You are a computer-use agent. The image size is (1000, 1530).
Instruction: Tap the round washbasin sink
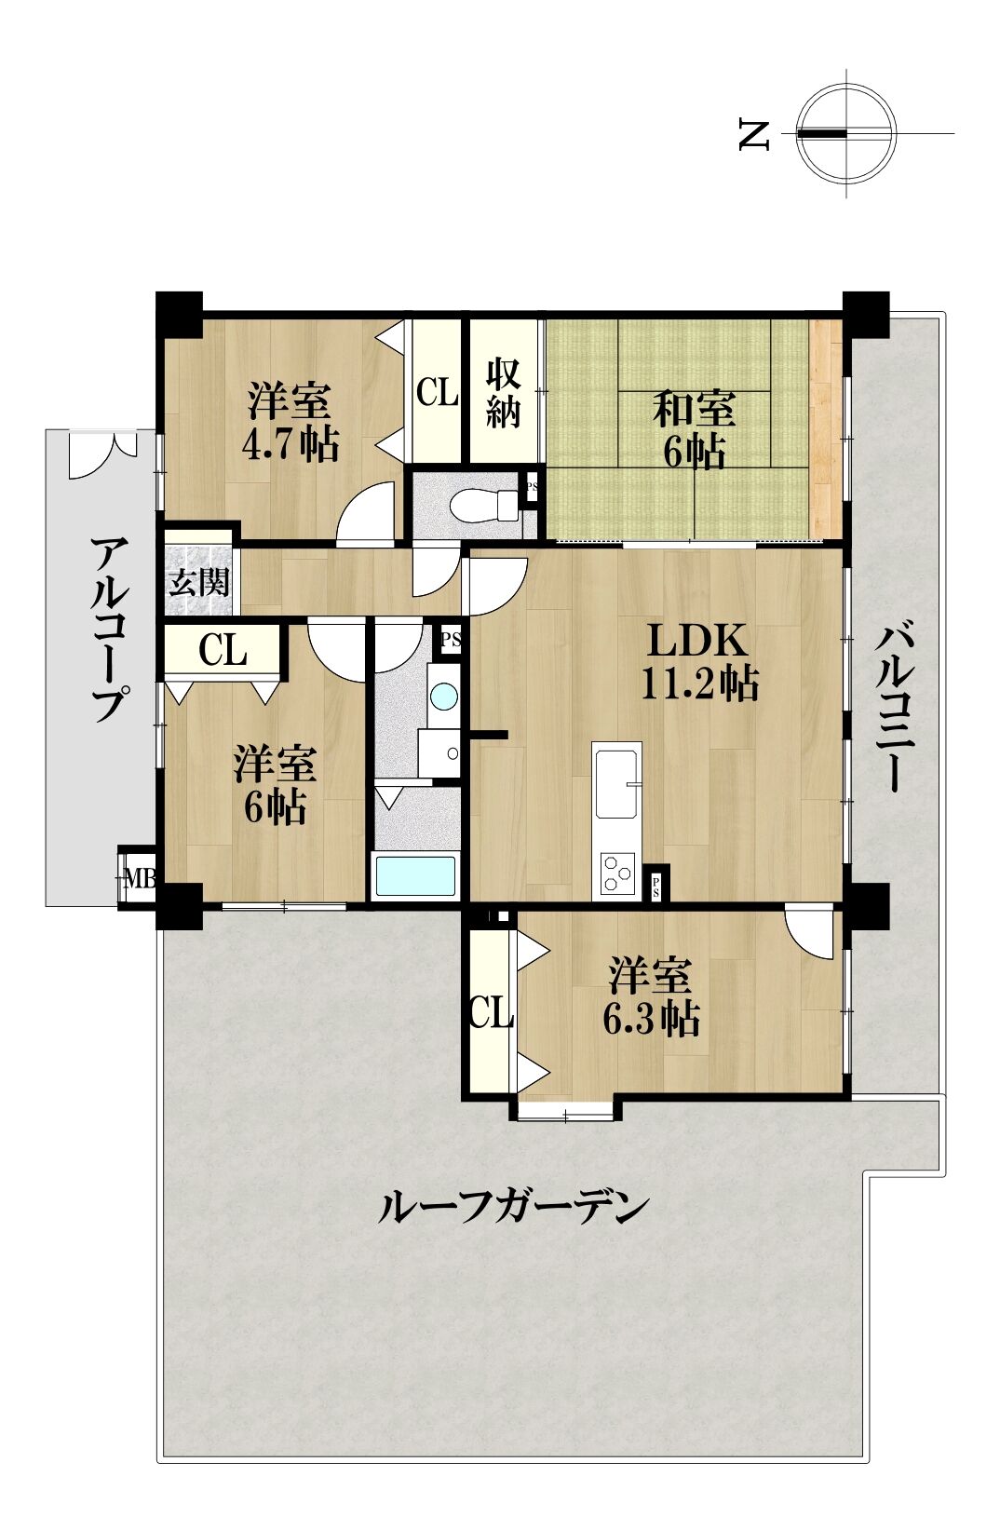coord(444,697)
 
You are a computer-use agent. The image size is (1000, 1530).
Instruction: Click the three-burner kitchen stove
coord(616,873)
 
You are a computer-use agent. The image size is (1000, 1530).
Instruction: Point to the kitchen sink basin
coord(617,783)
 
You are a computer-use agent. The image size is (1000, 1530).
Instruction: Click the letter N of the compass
coord(755,134)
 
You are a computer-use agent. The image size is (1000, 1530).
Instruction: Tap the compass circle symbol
coord(847,134)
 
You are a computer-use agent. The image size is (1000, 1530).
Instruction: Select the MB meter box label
coord(140,878)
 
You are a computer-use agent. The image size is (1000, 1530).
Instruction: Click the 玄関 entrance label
coord(198,583)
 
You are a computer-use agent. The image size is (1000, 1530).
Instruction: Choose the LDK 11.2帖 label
coord(698,662)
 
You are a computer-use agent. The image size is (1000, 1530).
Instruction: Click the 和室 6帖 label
coord(694,429)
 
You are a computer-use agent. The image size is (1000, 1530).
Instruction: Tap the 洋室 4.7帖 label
coord(290,422)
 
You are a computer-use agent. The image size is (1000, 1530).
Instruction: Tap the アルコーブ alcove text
coord(109,630)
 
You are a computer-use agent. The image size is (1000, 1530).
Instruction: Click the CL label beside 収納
coord(437,392)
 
